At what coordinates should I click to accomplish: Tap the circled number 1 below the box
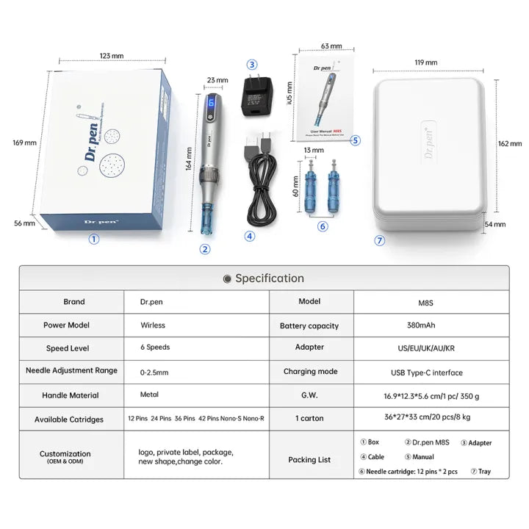(93, 239)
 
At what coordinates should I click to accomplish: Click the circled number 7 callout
(380, 240)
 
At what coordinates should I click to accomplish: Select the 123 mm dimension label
(112, 55)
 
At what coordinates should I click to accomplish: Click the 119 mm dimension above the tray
(425, 63)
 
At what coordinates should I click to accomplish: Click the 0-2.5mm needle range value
(156, 371)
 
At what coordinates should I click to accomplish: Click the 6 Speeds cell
(155, 348)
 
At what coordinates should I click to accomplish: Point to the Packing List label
(309, 460)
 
